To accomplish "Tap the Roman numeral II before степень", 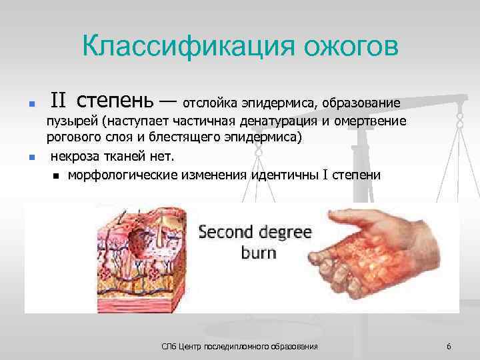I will coord(59,101).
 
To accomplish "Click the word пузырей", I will coord(72,123).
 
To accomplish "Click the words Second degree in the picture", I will coord(255,233).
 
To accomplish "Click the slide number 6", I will coord(449,347).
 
